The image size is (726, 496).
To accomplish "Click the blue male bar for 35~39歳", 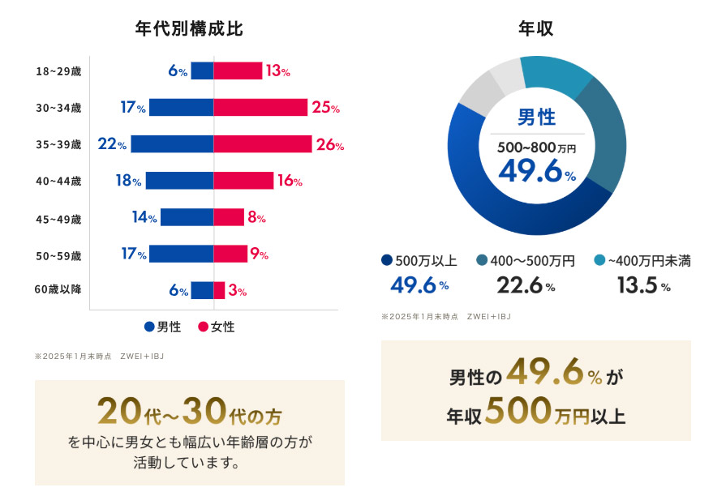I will coord(172,144).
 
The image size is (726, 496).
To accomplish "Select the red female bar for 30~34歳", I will coord(260,107).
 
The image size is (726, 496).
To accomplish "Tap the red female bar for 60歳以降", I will coord(219,290).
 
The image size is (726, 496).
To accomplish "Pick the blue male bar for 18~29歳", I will coord(202,71).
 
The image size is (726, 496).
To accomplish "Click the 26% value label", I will coord(330,145).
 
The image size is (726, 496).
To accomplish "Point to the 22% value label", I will coord(112,144).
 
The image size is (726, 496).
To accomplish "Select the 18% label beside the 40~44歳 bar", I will coord(129,181).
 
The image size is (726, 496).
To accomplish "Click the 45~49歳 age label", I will coord(59,218).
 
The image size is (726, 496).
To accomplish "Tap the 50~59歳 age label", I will coord(59,255).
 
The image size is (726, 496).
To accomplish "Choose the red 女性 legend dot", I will coord(203,327).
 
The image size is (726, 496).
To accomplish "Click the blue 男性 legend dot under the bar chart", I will coord(149,327).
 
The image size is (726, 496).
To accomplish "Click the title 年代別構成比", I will coord(189,28).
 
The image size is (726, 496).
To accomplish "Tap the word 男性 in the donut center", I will coord(536,118).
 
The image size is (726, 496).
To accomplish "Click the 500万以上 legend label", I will coord(425,261).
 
